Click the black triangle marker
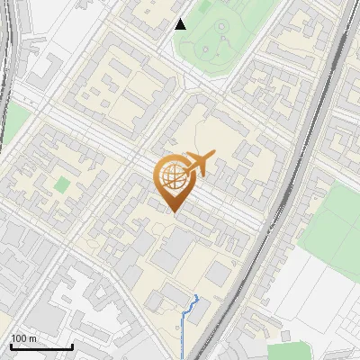click(181, 23)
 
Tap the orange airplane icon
click(199, 164)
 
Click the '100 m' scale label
click(23, 338)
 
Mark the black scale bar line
click(41, 346)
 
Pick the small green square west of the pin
click(61, 184)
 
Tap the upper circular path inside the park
click(222, 27)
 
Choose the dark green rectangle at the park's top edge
click(206, 7)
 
